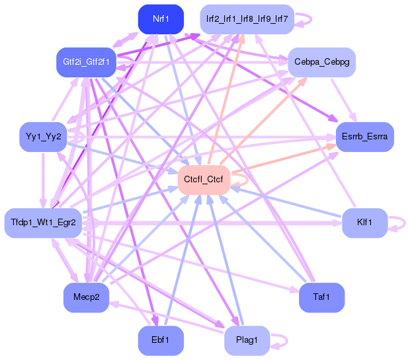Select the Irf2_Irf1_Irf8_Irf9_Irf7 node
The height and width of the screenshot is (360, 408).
[246, 19]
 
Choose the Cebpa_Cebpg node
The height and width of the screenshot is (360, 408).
[322, 61]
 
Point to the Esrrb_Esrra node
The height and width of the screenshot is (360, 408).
[365, 137]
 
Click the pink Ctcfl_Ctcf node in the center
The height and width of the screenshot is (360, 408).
[204, 180]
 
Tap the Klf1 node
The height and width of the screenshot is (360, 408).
[364, 223]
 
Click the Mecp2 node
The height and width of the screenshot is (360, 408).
[86, 298]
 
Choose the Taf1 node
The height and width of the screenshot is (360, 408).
[322, 298]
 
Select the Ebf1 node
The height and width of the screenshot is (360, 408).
[160, 341]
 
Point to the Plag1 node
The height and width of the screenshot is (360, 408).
[246, 341]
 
